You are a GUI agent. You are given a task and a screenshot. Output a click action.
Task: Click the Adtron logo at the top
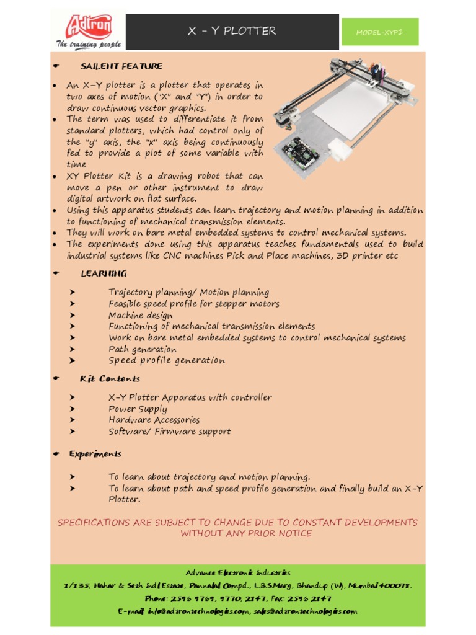click(87, 27)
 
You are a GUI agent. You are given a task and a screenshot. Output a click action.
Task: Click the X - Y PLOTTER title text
click(232, 31)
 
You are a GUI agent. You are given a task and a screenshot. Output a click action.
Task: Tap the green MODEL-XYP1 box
click(380, 32)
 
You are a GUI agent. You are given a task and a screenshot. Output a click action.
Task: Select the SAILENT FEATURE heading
click(121, 66)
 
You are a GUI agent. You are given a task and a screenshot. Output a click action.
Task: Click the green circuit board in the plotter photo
click(299, 149)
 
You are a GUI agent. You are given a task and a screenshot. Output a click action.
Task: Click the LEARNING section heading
click(104, 273)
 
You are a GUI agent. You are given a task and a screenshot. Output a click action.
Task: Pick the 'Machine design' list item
click(141, 315)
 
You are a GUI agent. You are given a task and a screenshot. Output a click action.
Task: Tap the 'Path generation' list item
click(143, 349)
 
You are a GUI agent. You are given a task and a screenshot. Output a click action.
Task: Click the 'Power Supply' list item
click(138, 409)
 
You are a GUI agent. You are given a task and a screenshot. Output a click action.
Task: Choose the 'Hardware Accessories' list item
click(154, 420)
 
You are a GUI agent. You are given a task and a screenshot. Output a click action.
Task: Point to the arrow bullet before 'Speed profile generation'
click(73, 360)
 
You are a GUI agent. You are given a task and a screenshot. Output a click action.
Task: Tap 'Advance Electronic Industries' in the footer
click(238, 573)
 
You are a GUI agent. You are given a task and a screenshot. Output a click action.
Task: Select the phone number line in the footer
click(238, 598)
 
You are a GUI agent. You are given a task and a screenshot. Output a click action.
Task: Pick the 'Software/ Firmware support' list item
click(170, 432)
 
